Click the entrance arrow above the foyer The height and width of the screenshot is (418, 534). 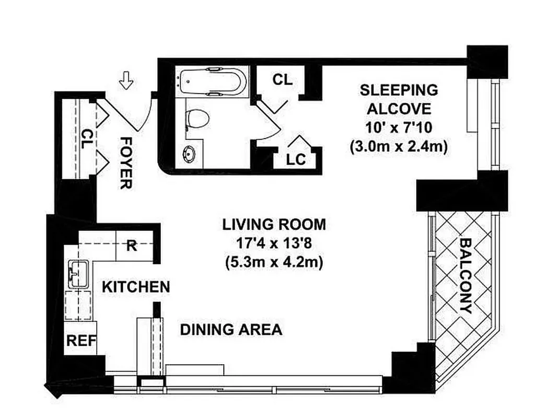click(126, 81)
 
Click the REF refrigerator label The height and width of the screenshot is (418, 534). click(81, 341)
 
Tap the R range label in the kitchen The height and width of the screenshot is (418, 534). click(132, 246)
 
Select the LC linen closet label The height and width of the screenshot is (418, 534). click(296, 159)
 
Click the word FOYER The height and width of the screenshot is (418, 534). click(125, 162)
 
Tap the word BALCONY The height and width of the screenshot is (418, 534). click(466, 275)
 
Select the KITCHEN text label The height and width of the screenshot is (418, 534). click(135, 287)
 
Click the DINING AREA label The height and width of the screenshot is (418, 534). click(231, 330)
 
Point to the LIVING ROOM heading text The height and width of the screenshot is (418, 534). click(274, 225)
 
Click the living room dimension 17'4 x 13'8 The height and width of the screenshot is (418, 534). click(274, 243)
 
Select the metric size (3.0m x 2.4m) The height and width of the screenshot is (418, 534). click(399, 147)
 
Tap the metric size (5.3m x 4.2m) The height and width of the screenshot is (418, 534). click(274, 262)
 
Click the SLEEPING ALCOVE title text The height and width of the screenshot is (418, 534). click(399, 99)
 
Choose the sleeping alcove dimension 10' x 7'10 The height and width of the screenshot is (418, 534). click(399, 128)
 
